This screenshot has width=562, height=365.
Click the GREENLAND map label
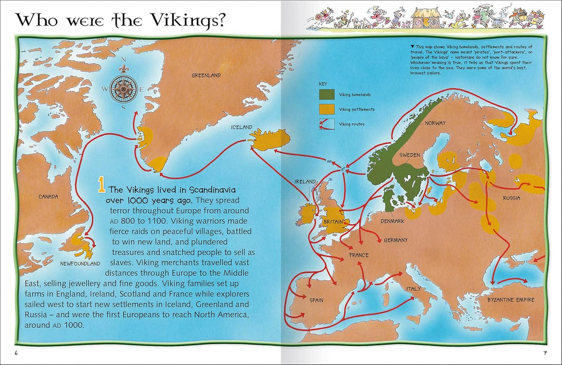click(x=206, y=75)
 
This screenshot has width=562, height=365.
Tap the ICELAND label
click(x=242, y=127)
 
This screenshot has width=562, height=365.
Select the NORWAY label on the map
click(x=435, y=123)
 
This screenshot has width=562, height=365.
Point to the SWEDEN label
click(x=409, y=155)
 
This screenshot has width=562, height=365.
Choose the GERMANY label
click(x=395, y=240)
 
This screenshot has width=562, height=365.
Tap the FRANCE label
click(x=359, y=255)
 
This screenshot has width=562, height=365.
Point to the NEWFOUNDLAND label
click(x=80, y=264)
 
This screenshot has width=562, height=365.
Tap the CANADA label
click(x=48, y=197)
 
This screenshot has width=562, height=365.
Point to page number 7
click(x=545, y=352)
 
